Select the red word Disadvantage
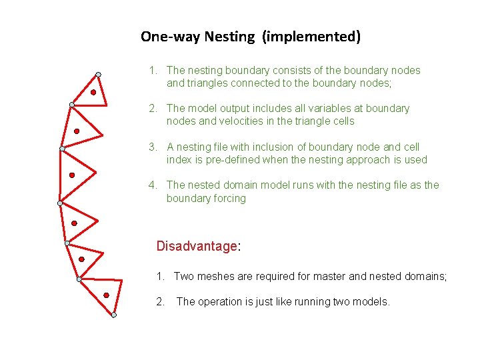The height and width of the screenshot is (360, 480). [x=197, y=246]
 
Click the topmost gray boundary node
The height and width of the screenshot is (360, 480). [x=98, y=74]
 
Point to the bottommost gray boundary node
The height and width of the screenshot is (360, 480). [x=114, y=315]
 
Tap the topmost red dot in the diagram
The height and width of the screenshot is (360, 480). [x=94, y=93]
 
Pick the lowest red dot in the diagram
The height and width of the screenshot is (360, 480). [x=107, y=295]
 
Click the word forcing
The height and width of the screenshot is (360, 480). [x=229, y=199]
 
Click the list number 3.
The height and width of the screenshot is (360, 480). [x=152, y=147]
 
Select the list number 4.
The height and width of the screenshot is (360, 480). [x=152, y=185]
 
